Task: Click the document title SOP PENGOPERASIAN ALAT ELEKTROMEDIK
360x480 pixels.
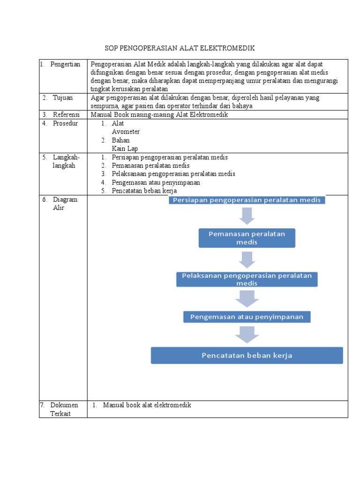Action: [180, 48]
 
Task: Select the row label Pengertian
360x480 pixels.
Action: [65, 64]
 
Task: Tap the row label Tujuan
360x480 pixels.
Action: [63, 97]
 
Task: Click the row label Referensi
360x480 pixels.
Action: [67, 114]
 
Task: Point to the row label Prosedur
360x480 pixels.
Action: [66, 123]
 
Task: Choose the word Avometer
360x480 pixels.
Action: [126, 132]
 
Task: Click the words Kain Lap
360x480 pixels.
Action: [125, 149]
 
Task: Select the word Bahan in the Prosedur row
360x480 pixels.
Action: [121, 140]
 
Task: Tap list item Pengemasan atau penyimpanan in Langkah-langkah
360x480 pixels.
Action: [156, 182]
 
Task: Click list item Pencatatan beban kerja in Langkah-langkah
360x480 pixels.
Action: [150, 191]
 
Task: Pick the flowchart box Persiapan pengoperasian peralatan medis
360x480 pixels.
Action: [247, 200]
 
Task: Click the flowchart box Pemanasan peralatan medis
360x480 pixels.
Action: [247, 238]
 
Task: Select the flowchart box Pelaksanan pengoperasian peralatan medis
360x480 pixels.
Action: [247, 279]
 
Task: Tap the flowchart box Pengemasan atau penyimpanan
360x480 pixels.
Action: [247, 317]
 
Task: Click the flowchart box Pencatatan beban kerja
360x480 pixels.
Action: [247, 355]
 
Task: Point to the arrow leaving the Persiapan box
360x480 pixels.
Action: [247, 215]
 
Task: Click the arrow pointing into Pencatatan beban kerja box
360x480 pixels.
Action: [247, 335]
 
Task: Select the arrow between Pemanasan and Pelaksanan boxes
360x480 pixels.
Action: [247, 259]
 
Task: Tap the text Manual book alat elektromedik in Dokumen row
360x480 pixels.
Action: [147, 405]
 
